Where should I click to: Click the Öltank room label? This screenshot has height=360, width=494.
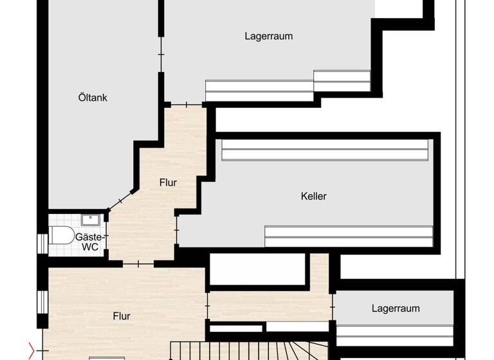coord(93,98)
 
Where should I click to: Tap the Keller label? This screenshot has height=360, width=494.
coord(313,196)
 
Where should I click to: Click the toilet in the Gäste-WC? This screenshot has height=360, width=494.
coord(62,236)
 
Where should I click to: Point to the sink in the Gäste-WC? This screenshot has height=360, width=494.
coord(91,219)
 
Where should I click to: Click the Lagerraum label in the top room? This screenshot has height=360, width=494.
coord(268,36)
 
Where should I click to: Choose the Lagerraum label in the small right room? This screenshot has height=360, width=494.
coord(396,309)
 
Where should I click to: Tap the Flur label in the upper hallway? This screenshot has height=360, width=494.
coord(168,183)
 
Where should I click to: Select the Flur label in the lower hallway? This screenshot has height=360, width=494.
coord(122,316)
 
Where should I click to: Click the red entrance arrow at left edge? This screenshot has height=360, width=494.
coord(32,351)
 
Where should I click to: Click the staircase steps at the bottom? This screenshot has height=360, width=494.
coord(257,350)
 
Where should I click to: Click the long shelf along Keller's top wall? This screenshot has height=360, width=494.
coord(325,150)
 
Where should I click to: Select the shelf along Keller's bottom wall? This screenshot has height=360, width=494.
coord(348,236)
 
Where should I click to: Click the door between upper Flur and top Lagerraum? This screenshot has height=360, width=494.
coord(187,104)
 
